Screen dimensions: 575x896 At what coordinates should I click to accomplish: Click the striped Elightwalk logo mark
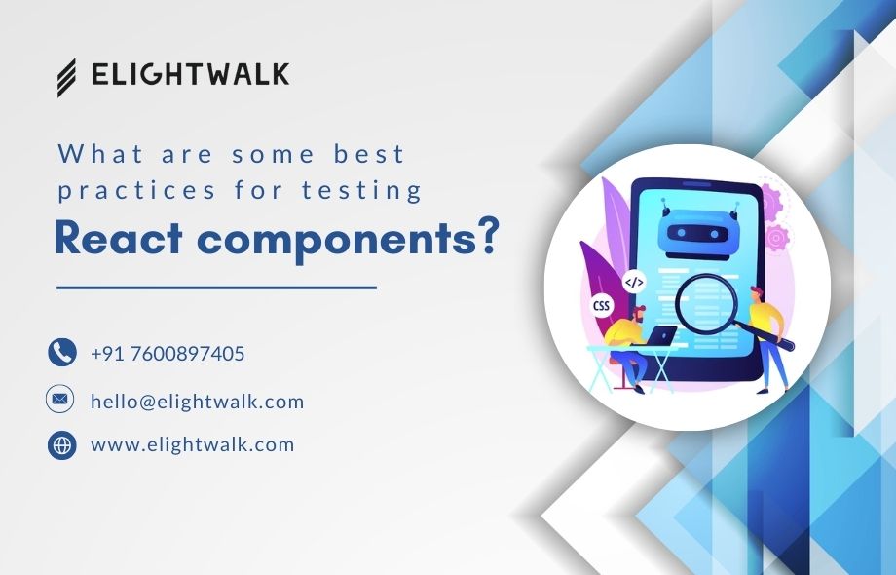coord(66,77)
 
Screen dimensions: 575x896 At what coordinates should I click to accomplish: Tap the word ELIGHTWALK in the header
coord(190,75)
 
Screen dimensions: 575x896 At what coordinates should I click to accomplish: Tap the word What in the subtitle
coord(100,154)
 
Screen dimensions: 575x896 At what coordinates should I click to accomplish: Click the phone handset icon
coord(62,352)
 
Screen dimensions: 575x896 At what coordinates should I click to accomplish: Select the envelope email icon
coord(61,399)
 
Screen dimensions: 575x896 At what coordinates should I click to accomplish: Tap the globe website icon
coord(62,445)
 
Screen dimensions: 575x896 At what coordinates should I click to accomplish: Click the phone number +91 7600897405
coord(168,353)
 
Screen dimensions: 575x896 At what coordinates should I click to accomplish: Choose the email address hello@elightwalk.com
coord(197,401)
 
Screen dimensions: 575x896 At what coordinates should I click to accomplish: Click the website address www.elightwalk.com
coord(192,445)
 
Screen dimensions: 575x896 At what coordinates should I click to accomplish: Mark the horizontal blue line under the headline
coord(216,287)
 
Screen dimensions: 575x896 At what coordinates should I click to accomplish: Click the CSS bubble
coord(602,306)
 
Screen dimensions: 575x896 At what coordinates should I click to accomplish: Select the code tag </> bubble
coord(634,283)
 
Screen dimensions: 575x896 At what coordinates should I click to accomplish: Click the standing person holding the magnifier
coord(769,336)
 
